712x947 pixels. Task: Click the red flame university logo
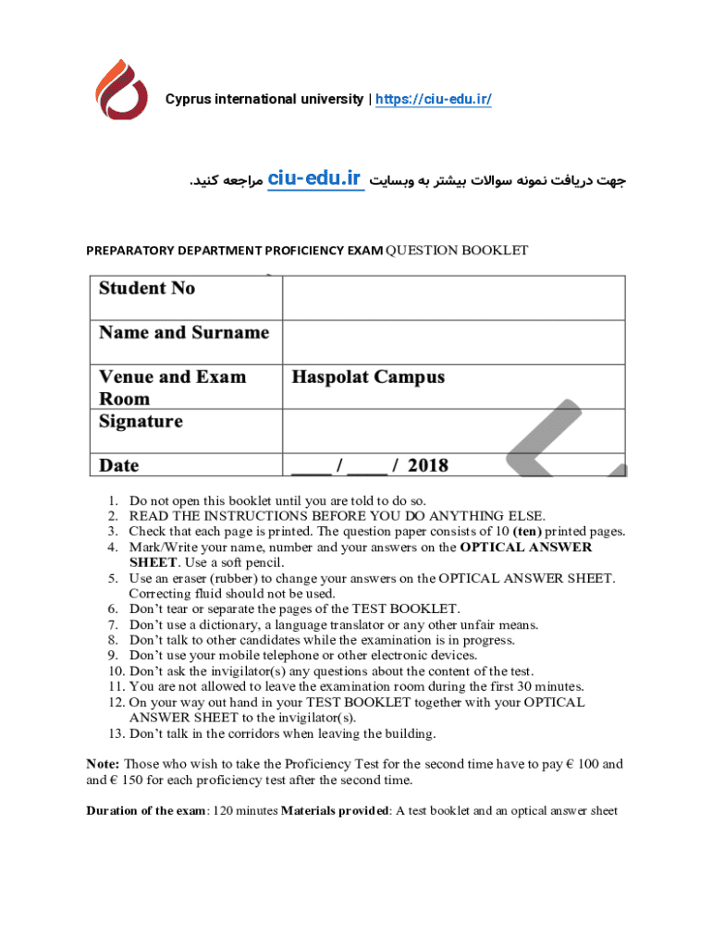(x=122, y=90)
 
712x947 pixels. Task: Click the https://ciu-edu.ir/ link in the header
(x=433, y=99)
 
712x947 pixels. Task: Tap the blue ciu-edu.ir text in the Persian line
(x=314, y=180)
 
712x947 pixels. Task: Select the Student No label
(x=148, y=289)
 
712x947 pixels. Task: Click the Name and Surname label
(x=184, y=333)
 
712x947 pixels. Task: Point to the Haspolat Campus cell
(x=368, y=377)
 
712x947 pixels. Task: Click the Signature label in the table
(x=141, y=422)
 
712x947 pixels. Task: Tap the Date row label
(x=119, y=465)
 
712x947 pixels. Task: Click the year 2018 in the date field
(x=427, y=465)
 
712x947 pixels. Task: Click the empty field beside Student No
(x=453, y=298)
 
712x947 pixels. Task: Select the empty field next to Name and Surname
(x=453, y=342)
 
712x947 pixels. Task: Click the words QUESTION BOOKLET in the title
(x=457, y=251)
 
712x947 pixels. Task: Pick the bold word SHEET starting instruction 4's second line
(x=153, y=562)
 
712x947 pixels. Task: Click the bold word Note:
(x=103, y=764)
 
